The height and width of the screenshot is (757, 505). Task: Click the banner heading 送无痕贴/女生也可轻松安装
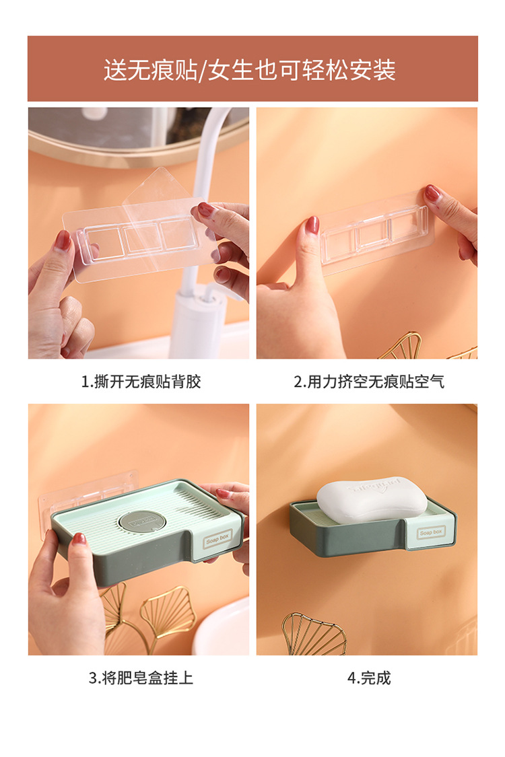point(249,69)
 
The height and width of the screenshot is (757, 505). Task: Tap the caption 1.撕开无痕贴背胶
point(141,382)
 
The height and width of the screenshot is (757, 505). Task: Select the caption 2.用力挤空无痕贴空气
point(369,382)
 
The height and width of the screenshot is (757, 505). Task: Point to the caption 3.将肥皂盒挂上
point(141,678)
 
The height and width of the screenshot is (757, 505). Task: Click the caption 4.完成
point(369,678)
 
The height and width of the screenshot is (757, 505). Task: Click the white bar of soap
point(372,499)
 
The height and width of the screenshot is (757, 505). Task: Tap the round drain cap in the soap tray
point(142,521)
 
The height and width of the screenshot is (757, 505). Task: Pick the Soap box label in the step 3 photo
point(217,538)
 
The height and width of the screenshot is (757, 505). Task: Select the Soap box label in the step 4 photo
point(431,532)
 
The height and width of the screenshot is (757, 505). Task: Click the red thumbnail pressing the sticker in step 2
point(312,225)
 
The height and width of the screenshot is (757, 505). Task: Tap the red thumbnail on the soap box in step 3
point(79,539)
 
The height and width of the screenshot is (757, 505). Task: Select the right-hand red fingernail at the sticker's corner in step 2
point(432,193)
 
